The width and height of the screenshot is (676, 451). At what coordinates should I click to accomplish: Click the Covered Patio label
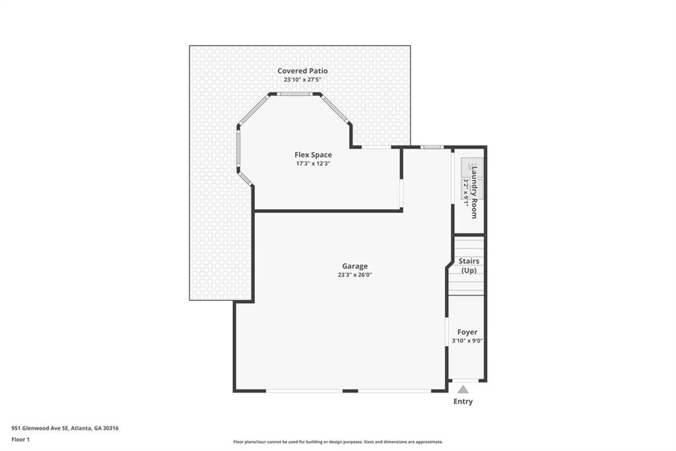302,71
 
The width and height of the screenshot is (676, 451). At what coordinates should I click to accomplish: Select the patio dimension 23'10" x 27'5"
302,79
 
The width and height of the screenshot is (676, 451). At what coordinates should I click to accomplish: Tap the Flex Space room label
313,155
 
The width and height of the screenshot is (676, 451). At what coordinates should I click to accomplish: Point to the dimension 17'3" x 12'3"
313,163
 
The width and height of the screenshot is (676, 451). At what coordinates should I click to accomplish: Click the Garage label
355,266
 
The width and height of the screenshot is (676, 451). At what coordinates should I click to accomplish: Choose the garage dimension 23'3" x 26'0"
355,275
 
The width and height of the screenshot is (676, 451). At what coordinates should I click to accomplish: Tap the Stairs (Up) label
469,266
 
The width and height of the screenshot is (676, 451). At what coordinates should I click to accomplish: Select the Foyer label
467,332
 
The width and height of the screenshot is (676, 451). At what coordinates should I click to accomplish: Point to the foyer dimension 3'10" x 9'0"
467,341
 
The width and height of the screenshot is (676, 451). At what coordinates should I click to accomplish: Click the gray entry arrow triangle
463,389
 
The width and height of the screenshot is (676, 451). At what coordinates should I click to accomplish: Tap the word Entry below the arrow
463,401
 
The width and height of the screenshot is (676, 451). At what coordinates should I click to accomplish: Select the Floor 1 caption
20,439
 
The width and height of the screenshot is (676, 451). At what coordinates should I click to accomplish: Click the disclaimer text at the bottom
338,442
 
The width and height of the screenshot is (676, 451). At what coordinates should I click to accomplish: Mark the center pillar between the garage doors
351,391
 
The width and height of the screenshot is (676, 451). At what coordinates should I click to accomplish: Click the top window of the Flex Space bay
294,94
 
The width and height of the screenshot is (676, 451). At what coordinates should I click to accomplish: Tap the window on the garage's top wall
432,147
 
